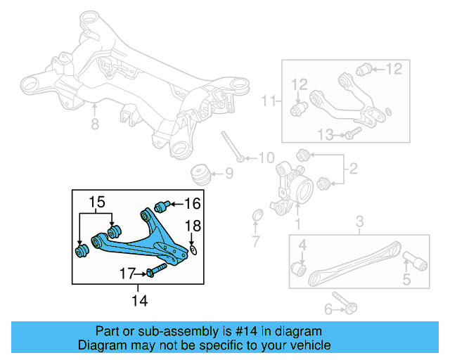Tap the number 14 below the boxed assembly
pos(139,300)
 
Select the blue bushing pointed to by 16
pos(161,205)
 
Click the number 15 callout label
pos(96,204)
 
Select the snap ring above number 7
pos(257,214)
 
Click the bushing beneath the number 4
pos(299,269)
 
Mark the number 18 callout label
pos(192,225)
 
